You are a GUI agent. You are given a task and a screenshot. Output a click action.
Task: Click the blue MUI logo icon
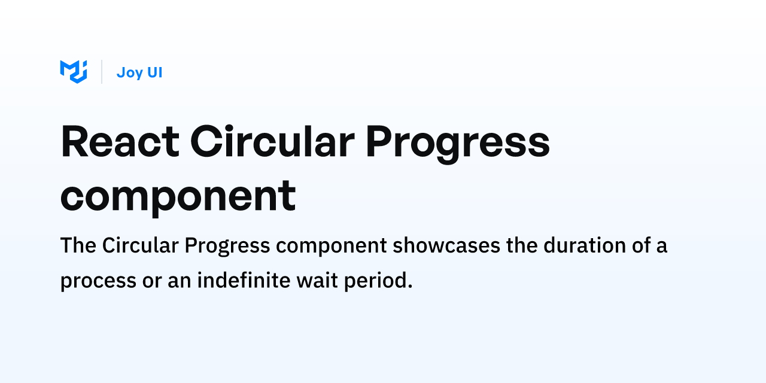point(74,72)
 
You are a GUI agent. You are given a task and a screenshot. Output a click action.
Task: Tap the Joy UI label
point(139,72)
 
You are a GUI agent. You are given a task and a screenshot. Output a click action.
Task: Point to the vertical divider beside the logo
point(102,72)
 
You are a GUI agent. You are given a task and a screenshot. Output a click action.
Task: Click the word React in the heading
point(120,142)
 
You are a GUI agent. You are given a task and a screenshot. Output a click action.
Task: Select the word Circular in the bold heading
point(272,141)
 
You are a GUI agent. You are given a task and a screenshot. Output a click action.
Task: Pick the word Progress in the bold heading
point(458,144)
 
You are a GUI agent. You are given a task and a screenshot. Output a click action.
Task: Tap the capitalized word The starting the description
point(78,245)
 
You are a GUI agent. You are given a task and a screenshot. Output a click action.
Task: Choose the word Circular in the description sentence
point(141,245)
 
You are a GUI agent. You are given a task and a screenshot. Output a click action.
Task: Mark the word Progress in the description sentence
point(227,246)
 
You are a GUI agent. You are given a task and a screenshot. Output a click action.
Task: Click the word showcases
point(446,245)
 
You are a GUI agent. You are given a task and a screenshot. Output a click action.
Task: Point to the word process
point(99,282)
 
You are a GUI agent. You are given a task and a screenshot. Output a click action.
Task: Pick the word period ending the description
point(378,281)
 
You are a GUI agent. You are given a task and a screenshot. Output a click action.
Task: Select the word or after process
point(152,281)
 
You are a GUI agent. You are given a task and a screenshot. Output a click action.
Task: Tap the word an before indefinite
point(180,281)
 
